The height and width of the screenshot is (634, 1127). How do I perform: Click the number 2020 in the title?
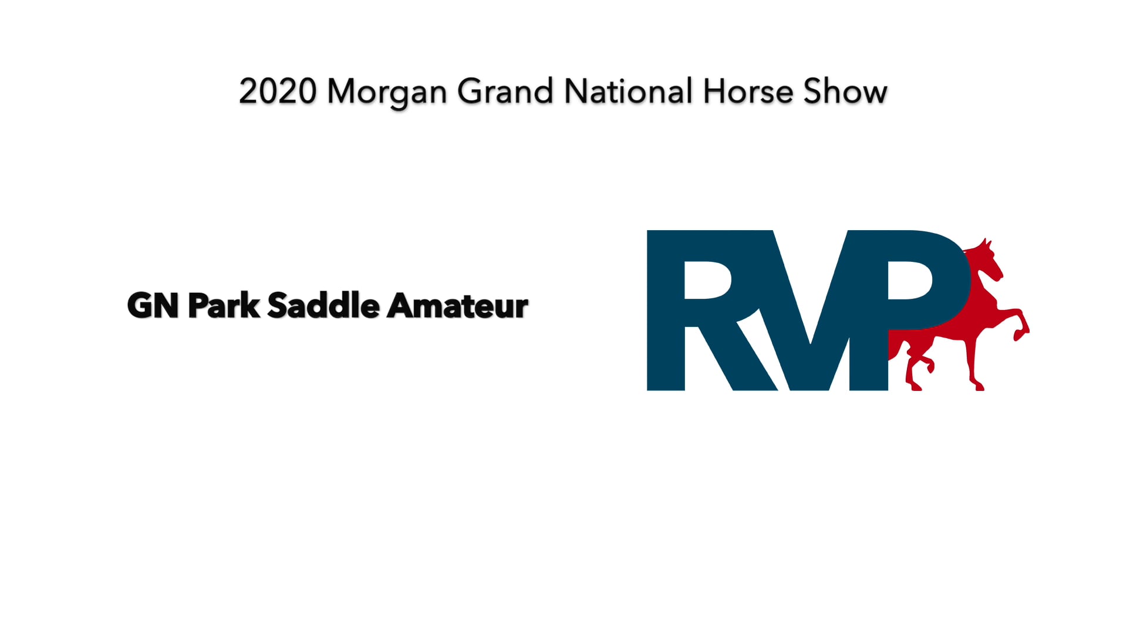tap(278, 92)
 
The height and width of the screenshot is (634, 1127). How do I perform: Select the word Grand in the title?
tap(505, 92)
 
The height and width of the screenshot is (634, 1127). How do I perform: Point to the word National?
tap(628, 92)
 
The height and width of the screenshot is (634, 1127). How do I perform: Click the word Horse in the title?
tap(748, 92)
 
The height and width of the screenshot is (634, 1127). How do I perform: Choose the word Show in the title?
tap(845, 92)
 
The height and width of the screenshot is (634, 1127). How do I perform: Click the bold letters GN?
tap(153, 306)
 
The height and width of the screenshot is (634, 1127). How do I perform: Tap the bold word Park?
tap(224, 306)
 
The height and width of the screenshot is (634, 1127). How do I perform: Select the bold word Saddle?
tap(323, 306)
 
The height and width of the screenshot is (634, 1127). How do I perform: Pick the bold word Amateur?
tap(458, 306)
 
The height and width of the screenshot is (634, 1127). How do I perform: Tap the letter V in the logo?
tap(810, 317)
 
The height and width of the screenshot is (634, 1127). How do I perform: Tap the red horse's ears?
tap(986, 242)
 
